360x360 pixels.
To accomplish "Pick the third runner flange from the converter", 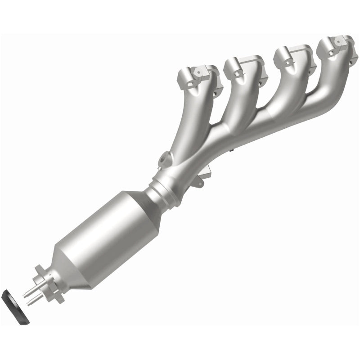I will click(292, 56).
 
